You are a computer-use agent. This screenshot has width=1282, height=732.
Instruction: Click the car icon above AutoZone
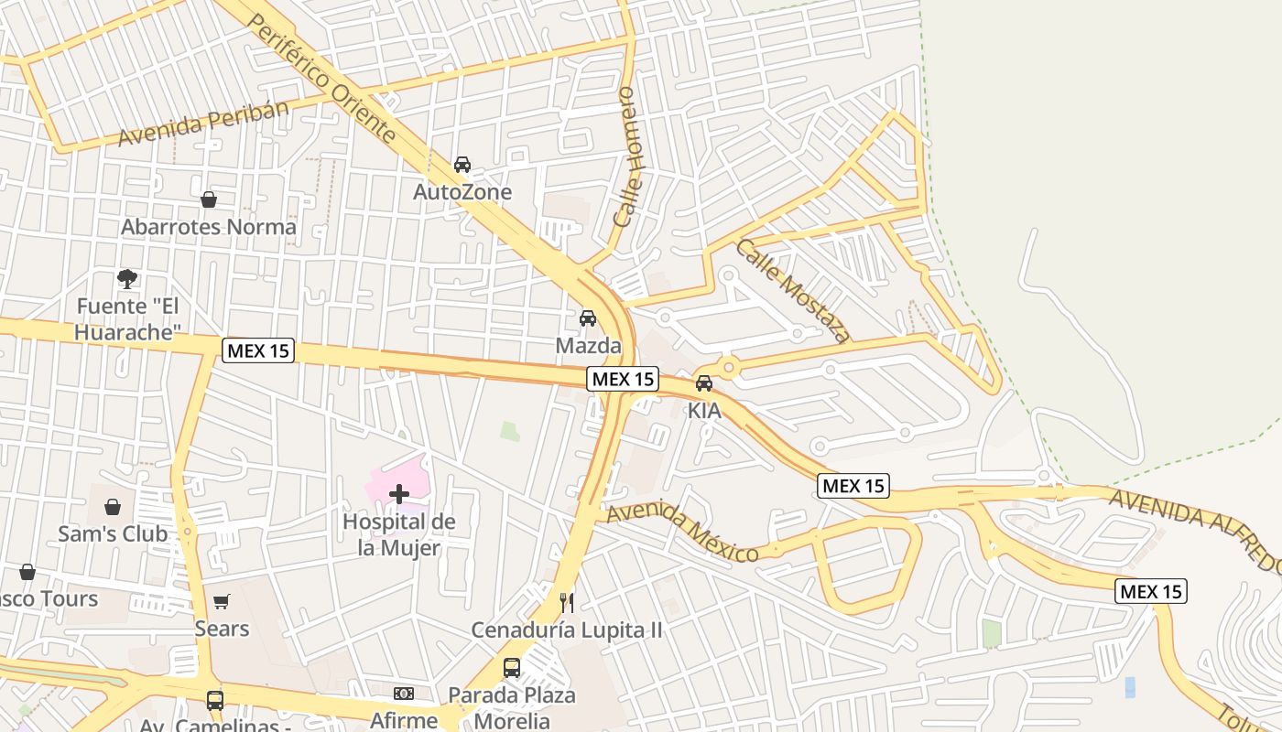[462, 165]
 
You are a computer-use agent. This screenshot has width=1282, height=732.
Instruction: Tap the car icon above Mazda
[588, 318]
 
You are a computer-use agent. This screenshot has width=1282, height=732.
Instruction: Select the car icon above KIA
[704, 383]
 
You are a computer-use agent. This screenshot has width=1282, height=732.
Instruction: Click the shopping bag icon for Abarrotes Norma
[209, 199]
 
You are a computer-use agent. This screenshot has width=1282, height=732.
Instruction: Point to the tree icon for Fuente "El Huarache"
[127, 278]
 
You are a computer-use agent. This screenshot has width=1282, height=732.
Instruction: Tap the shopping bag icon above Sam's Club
[113, 507]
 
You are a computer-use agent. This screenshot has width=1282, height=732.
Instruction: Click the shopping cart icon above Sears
[221, 601]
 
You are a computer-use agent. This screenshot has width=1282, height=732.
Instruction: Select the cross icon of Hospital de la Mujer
[399, 494]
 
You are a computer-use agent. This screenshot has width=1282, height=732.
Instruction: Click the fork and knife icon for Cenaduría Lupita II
[567, 602]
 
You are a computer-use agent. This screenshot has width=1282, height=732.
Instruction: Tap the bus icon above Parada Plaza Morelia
[512, 668]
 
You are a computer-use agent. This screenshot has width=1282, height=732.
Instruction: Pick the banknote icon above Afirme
[404, 694]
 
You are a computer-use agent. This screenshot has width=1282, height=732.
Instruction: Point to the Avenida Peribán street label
[203, 124]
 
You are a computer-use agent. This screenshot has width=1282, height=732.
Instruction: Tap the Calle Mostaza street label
[793, 291]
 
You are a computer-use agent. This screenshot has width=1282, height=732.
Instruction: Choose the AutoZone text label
[462, 192]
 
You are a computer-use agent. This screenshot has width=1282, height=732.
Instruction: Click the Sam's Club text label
[113, 533]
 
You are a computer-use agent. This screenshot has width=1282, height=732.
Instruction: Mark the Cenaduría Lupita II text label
[567, 630]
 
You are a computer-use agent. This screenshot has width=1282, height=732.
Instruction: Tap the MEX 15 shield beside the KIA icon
[623, 378]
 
